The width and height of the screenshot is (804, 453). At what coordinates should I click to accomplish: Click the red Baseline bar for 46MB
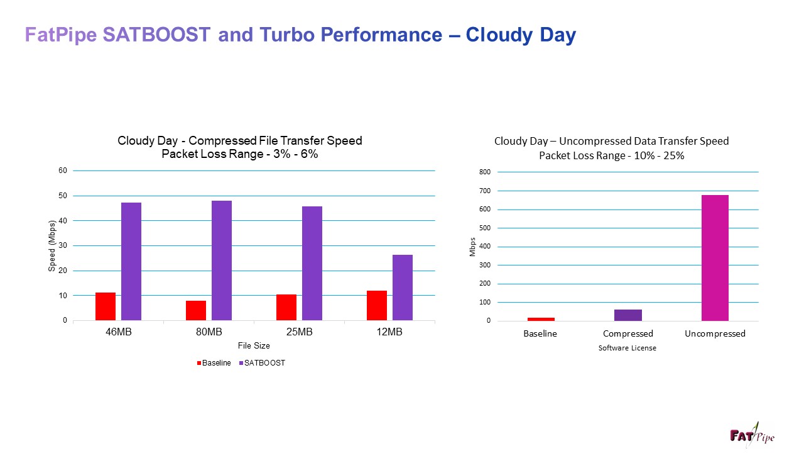(x=106, y=306)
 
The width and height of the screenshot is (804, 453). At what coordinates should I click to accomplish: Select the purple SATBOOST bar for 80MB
(x=222, y=260)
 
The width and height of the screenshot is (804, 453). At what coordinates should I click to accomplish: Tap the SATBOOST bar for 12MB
(x=403, y=288)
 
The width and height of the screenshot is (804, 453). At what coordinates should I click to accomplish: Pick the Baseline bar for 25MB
(x=286, y=308)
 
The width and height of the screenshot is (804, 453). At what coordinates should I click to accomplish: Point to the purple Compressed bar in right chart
(x=628, y=315)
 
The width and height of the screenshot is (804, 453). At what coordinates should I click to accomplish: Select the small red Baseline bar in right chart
(x=540, y=319)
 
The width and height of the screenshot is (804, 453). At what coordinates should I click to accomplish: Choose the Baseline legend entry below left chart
(x=214, y=363)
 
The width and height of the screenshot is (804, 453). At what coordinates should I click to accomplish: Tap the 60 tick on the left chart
(x=63, y=171)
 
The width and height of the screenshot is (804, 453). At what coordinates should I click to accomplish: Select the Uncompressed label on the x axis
(x=715, y=333)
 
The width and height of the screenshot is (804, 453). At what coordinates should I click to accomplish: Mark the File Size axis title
(x=254, y=346)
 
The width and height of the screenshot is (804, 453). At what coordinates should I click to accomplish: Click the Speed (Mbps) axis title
(x=53, y=246)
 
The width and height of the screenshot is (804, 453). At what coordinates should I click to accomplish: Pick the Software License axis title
(x=627, y=348)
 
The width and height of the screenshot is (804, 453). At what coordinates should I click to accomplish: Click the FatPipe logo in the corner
(x=752, y=435)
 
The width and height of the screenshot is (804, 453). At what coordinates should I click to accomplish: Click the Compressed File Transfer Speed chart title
(x=240, y=140)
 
